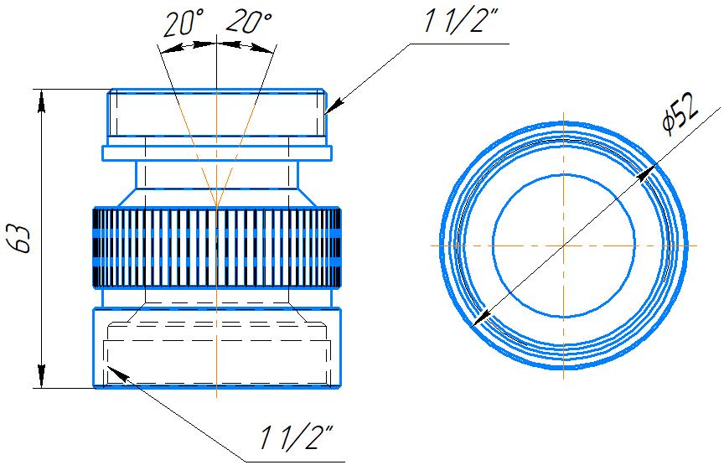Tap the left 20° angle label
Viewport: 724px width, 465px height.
click(184, 23)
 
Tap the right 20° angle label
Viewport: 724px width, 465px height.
click(249, 22)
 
